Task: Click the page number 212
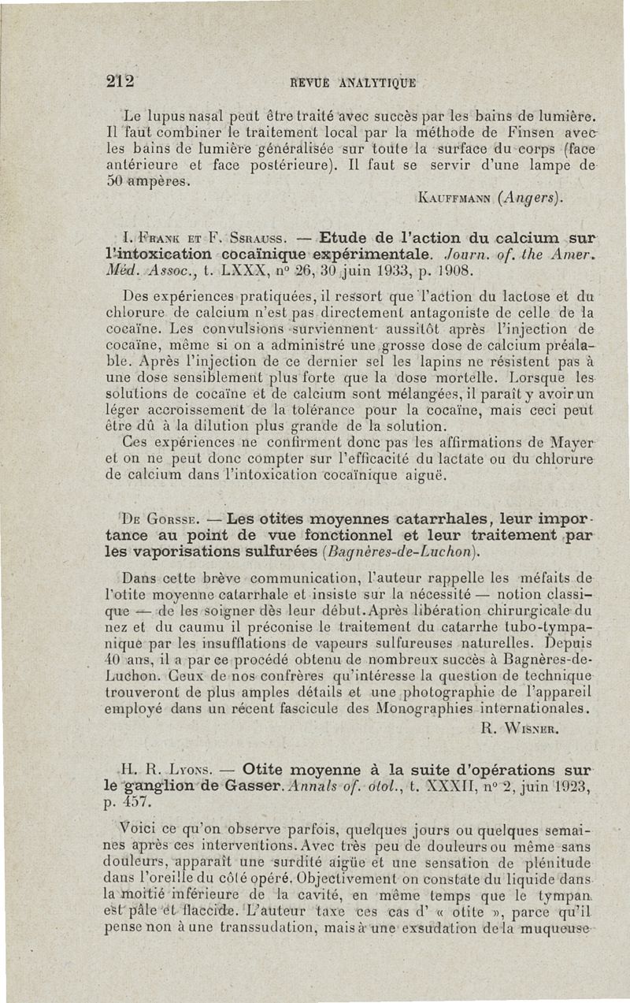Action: tap(123, 79)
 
